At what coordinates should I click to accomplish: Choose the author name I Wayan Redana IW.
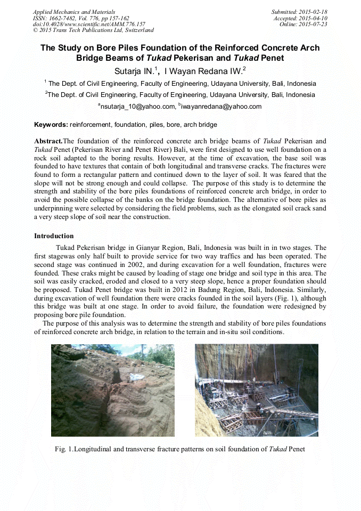[x=204, y=70]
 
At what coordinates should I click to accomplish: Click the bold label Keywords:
[x=51, y=125]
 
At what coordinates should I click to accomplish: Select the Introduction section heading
[x=54, y=236]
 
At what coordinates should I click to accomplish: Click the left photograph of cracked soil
[x=112, y=390]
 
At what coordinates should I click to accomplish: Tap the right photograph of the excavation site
[x=256, y=390]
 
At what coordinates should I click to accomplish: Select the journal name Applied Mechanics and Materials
[x=73, y=12]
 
